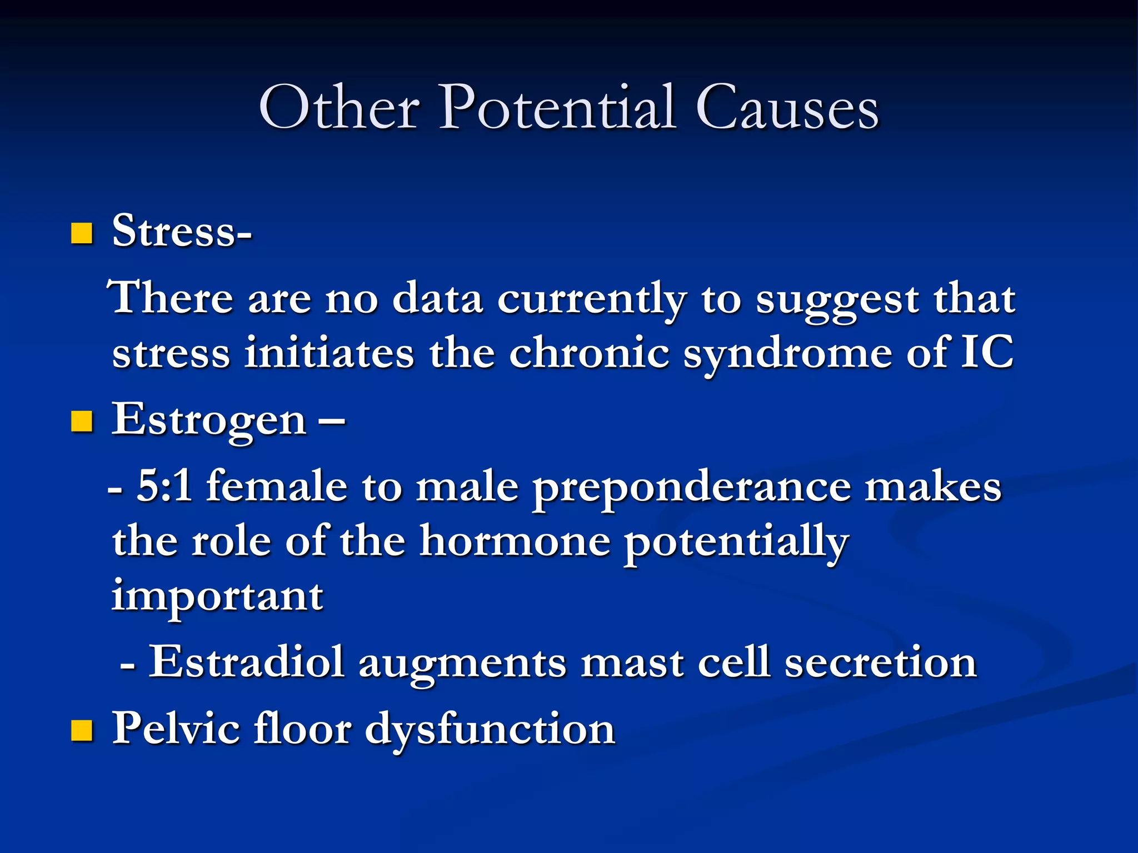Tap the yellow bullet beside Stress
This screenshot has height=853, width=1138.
click(x=82, y=234)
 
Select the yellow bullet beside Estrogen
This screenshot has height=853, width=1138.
click(x=82, y=422)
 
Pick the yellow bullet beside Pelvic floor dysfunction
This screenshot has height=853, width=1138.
click(x=82, y=731)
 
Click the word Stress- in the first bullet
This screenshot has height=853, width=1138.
click(x=182, y=231)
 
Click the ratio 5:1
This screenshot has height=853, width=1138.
click(x=164, y=486)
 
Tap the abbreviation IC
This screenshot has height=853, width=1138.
click(x=987, y=352)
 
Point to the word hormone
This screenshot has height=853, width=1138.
click(x=515, y=541)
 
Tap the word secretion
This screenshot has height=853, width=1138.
click(x=880, y=662)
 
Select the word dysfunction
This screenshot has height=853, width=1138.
click(x=490, y=729)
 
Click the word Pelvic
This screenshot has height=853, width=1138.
click(x=176, y=728)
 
